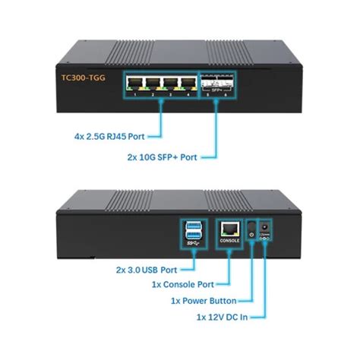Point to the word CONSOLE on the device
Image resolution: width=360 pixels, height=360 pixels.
click(x=229, y=240)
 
